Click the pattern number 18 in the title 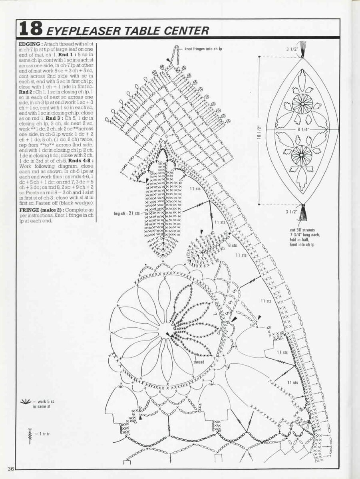31,29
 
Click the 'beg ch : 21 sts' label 127,214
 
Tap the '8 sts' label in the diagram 232,245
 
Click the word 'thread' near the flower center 199,362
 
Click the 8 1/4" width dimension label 302,129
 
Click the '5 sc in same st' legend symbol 26,401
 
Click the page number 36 10,468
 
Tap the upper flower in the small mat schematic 302,104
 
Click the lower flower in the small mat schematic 302,156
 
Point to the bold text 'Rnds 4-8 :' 82,160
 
